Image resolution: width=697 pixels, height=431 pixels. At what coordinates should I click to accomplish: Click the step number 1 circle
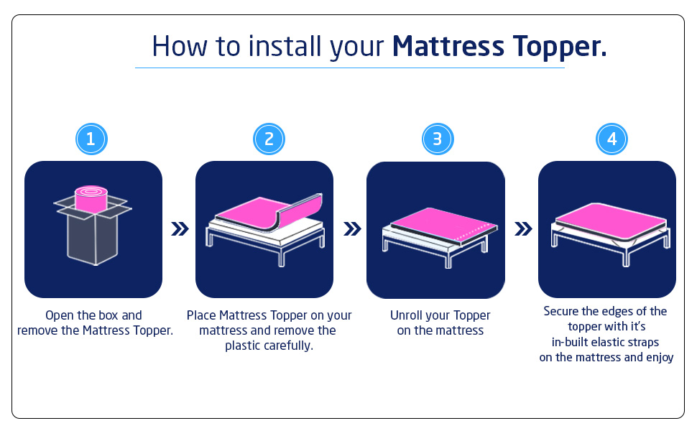point(91,139)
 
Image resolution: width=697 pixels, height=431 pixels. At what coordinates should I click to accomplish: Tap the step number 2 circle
point(269,139)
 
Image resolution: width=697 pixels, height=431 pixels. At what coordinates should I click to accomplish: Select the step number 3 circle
point(437,139)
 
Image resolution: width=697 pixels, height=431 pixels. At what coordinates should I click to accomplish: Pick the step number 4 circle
point(611,139)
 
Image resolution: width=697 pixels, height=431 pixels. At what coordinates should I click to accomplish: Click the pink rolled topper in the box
point(91,198)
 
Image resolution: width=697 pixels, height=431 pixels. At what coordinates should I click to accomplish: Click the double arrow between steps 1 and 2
point(180,229)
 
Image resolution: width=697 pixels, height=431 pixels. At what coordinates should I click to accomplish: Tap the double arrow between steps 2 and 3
point(352,229)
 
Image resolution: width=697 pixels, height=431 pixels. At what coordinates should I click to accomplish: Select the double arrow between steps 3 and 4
point(524,229)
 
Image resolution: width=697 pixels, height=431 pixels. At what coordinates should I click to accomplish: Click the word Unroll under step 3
point(408,315)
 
